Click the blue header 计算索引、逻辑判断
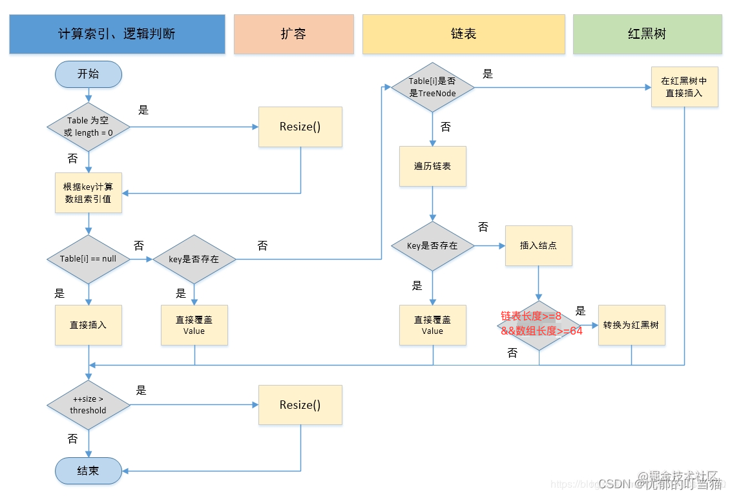tap(117, 34)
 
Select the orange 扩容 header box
tap(293, 34)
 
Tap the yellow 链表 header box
tap(463, 34)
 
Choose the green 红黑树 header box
tap(647, 34)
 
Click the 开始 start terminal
tap(89, 74)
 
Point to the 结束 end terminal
tap(89, 471)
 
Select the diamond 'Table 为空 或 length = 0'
tap(89, 127)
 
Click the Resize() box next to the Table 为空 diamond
tap(300, 127)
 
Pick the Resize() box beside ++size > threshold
tap(300, 405)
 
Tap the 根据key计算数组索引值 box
tap(88, 192)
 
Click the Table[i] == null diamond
tap(89, 259)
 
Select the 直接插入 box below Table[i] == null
tap(88, 325)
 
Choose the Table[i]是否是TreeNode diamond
tap(433, 87)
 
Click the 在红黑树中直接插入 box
tap(684, 87)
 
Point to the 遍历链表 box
tap(432, 166)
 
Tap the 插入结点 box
tap(538, 245)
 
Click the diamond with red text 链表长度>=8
tap(539, 325)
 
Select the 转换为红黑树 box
tap(631, 325)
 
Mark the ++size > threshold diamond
tap(89, 405)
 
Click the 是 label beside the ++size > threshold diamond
tap(141, 390)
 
